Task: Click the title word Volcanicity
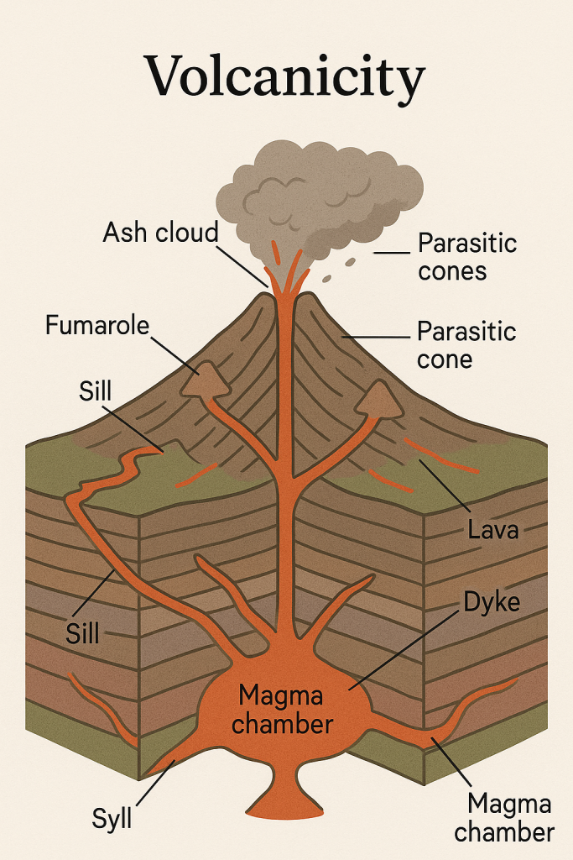[x=285, y=76]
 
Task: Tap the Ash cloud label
[x=160, y=233]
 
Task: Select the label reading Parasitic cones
[x=467, y=257]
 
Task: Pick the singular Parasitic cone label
[x=466, y=345]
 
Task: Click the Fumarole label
[x=97, y=325]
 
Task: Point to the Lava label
[x=493, y=530]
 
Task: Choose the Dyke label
[x=492, y=602]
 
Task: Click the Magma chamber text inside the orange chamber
[x=282, y=710]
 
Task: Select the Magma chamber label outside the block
[x=504, y=818]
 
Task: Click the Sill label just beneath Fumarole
[x=95, y=391]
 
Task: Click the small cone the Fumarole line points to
[x=206, y=379]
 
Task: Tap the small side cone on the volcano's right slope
[x=378, y=399]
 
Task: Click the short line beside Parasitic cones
[x=392, y=253]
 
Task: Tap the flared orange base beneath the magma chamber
[x=284, y=794]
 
